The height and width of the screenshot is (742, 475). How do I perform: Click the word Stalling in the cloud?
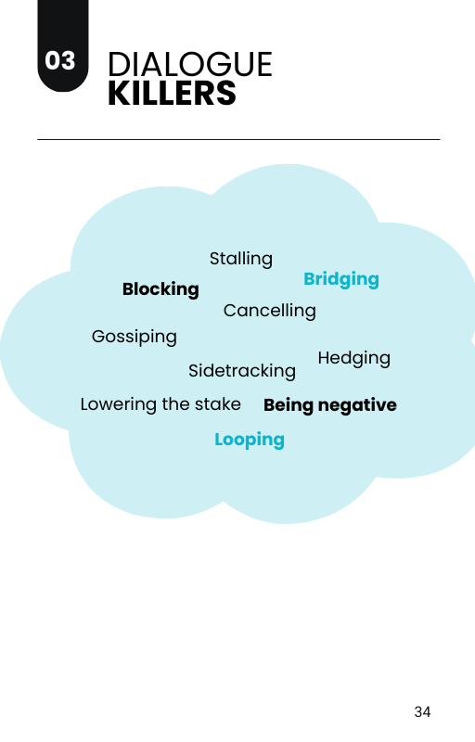tap(241, 259)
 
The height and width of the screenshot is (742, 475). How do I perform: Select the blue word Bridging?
tap(341, 279)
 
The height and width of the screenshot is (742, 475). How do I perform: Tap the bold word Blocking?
tap(160, 289)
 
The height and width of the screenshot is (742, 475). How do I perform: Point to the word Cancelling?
tap(270, 311)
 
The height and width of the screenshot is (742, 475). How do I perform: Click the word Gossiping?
tap(135, 337)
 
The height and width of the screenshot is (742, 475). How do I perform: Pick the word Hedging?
tap(353, 358)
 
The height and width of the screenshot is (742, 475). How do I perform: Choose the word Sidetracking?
tap(242, 370)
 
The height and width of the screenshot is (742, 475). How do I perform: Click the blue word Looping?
tap(250, 440)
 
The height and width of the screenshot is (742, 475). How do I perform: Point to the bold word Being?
tap(289, 405)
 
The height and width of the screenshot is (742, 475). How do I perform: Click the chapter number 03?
tap(60, 60)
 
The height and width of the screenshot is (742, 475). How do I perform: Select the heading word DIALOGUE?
tap(190, 64)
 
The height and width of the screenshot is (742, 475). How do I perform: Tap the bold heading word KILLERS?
tap(172, 94)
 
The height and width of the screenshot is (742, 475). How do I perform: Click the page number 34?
tap(422, 711)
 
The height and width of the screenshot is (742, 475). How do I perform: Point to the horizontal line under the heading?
tap(239, 140)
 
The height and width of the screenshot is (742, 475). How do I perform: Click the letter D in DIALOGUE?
tap(119, 64)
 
